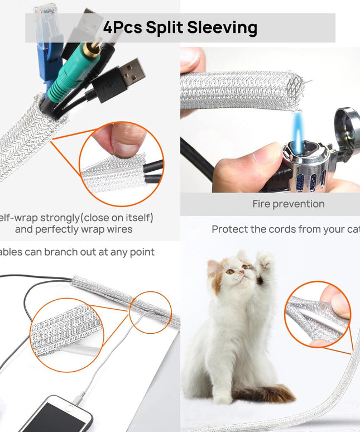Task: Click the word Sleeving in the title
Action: (x=222, y=27)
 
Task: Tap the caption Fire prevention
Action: (x=288, y=204)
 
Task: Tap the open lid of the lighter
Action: (x=346, y=126)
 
